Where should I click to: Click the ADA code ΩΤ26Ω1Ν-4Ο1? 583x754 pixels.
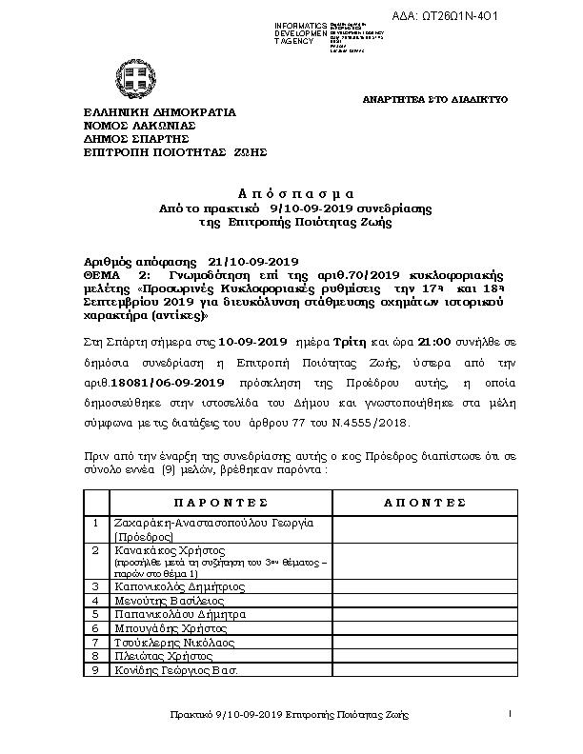coord(472,17)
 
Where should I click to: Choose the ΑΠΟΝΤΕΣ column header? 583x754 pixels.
coord(424,501)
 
